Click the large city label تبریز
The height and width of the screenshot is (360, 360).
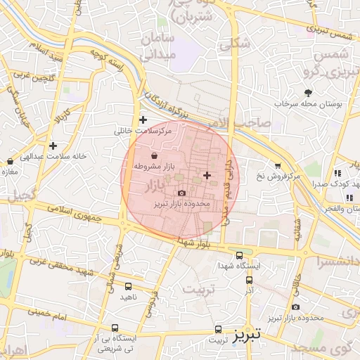(x=247, y=332)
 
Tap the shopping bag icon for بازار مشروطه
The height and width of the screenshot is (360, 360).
(x=155, y=155)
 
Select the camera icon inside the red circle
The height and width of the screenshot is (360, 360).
(x=182, y=193)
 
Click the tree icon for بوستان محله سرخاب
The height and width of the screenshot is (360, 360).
(x=308, y=92)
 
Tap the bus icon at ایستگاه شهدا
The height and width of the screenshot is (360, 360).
(x=240, y=255)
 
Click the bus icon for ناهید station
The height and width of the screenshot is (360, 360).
(x=128, y=286)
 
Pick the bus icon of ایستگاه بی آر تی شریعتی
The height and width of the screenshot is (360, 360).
(x=115, y=328)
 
